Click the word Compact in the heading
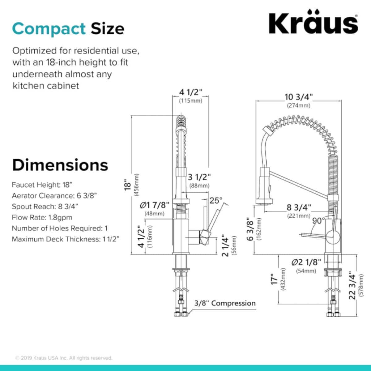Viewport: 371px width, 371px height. click(x=49, y=29)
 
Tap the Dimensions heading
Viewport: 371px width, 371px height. click(x=60, y=165)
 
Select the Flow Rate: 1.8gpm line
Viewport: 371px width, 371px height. click(x=42, y=218)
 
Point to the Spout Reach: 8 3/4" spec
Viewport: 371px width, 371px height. click(x=45, y=207)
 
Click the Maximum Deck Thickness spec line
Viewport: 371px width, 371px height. click(x=66, y=239)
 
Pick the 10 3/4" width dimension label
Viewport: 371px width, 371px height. click(x=299, y=97)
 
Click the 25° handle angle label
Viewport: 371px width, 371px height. click(x=216, y=200)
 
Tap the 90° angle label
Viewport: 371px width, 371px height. click(x=319, y=221)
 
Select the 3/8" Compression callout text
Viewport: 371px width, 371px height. click(x=225, y=303)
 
